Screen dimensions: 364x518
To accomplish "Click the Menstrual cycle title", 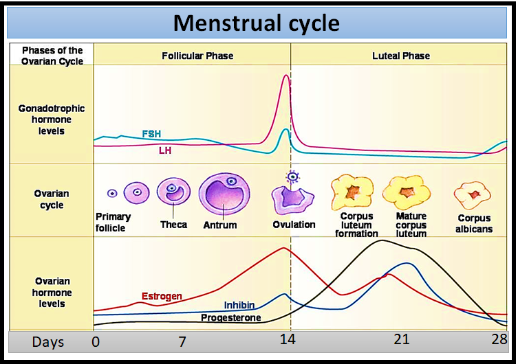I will pyautogui.click(x=256, y=23).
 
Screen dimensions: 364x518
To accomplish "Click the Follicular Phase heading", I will pyautogui.click(x=197, y=56).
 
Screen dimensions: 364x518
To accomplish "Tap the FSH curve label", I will pyautogui.click(x=151, y=134).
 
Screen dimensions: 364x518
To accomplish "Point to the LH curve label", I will pyautogui.click(x=165, y=150).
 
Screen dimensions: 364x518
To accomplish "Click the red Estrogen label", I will pyautogui.click(x=162, y=297).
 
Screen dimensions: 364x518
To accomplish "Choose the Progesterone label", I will pyautogui.click(x=230, y=318).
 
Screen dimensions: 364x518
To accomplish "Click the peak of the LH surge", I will pyautogui.click(x=285, y=76).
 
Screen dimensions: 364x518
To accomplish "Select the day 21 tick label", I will pyautogui.click(x=401, y=340).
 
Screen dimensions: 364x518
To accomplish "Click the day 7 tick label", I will pyautogui.click(x=182, y=341).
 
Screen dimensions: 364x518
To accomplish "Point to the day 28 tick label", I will pyautogui.click(x=498, y=341).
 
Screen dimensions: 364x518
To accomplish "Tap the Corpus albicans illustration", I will pyautogui.click(x=473, y=195).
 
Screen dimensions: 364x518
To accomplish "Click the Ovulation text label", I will pyautogui.click(x=294, y=225).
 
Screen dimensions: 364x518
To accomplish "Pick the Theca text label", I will pyautogui.click(x=173, y=225).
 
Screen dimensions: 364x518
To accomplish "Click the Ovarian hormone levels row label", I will pyautogui.click(x=52, y=293).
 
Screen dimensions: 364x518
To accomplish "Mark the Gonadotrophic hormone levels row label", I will pyautogui.click(x=52, y=120).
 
